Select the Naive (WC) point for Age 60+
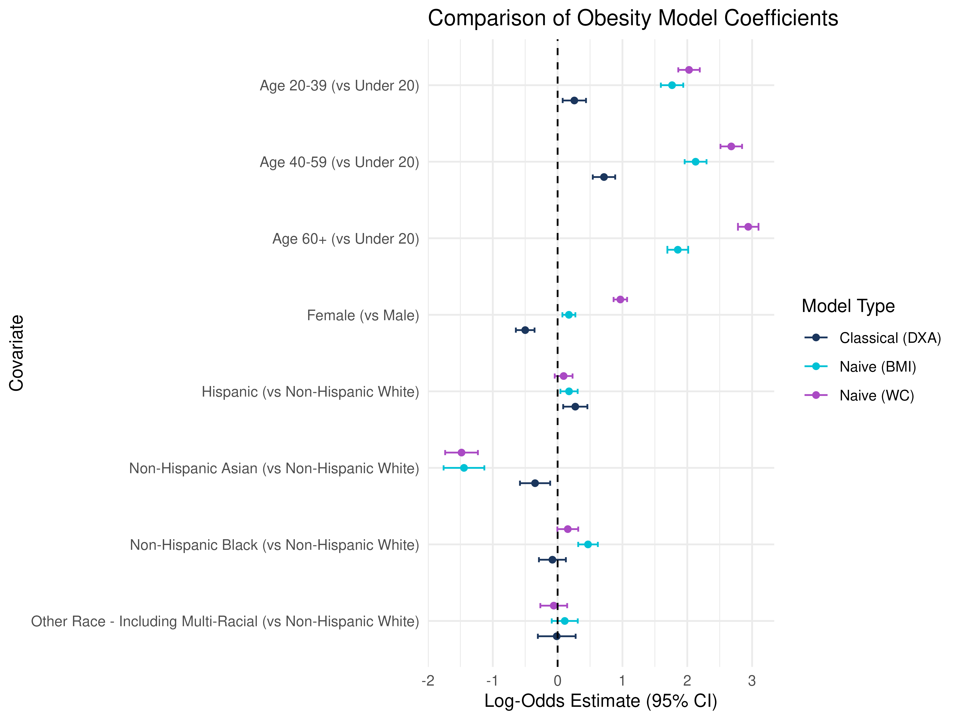tap(748, 227)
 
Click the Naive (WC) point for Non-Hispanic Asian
tap(461, 452)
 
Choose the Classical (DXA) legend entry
tap(872, 338)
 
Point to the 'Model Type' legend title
tap(848, 306)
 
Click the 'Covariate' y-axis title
tap(16, 353)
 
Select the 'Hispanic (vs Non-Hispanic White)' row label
tap(310, 392)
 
